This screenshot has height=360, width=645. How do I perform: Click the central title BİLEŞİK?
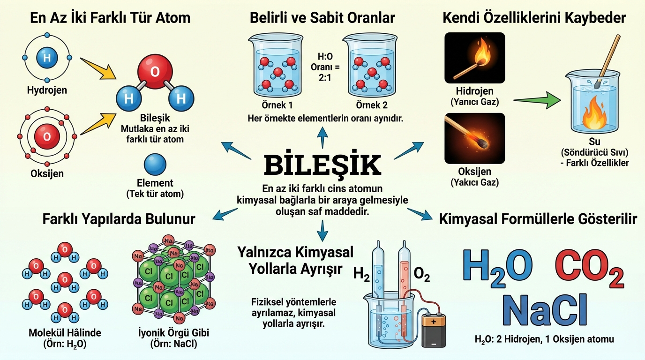click(322, 165)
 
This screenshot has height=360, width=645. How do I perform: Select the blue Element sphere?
click(155, 165)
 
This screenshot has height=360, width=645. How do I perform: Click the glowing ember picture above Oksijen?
click(474, 138)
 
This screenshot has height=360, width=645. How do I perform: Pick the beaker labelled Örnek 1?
click(277, 66)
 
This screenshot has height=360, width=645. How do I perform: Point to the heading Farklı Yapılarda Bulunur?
click(119, 219)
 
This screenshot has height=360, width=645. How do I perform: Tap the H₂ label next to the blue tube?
click(361, 274)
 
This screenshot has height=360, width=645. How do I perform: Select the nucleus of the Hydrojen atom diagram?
click(46, 58)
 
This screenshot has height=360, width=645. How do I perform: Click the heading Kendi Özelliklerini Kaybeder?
click(534, 18)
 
